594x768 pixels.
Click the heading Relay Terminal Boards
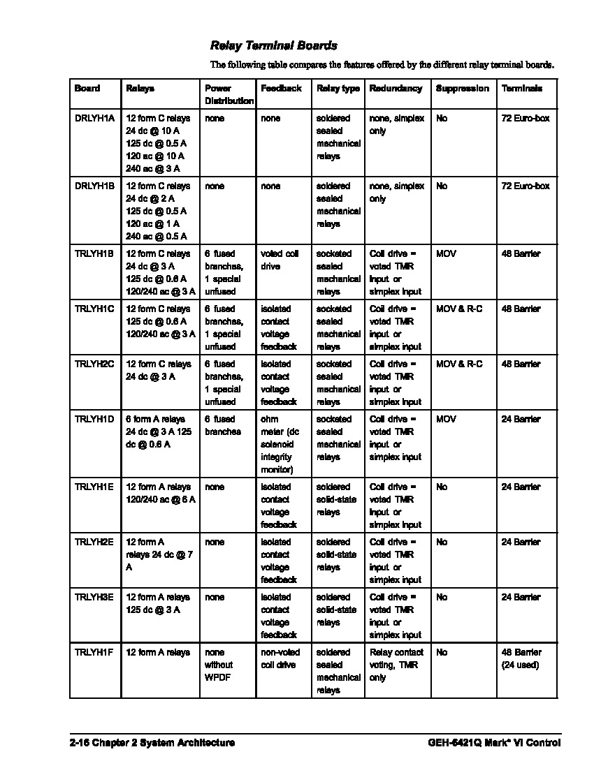(273, 45)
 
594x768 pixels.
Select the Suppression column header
(462, 89)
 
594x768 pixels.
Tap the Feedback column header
(281, 89)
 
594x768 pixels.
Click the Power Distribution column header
(229, 95)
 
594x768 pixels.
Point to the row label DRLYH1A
(94, 119)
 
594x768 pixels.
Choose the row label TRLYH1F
(94, 653)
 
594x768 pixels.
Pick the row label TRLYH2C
(94, 364)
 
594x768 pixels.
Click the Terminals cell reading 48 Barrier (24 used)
(521, 659)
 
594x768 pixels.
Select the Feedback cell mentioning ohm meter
(281, 444)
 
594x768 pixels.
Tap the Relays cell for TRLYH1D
(159, 431)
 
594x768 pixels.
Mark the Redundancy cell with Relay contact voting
(396, 665)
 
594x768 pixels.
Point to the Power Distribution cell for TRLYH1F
(219, 665)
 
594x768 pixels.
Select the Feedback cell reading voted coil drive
(280, 260)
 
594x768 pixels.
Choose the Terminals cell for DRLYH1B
(525, 186)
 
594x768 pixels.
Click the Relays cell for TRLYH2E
(154, 555)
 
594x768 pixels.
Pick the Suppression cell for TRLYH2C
(458, 364)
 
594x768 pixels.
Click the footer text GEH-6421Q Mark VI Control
(494, 743)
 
